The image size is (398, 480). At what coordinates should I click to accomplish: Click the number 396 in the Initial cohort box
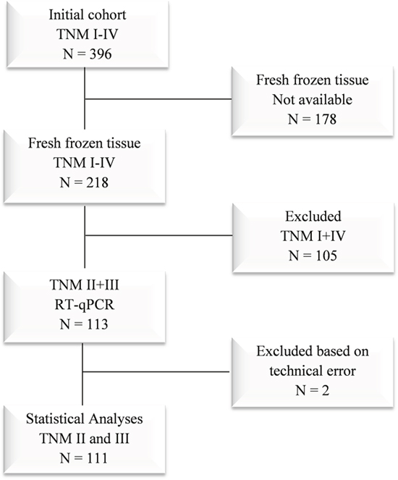tap(101, 54)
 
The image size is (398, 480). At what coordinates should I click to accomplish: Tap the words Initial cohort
tap(88, 14)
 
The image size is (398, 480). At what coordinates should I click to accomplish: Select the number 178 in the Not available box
tap(325, 119)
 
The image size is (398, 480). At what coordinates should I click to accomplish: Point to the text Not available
tap(313, 99)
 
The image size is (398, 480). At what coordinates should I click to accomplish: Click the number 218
tap(97, 182)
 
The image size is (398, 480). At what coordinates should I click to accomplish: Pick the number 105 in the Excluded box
tap(326, 256)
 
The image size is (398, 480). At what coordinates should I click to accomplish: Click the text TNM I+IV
tap(313, 236)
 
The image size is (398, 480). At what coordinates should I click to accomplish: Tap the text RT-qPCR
tap(85, 305)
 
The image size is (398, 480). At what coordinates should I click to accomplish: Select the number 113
tap(97, 324)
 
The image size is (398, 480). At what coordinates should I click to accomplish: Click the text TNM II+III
tap(84, 285)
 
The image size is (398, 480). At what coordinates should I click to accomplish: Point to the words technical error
tap(313, 371)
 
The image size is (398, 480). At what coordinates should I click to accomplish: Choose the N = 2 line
tap(313, 390)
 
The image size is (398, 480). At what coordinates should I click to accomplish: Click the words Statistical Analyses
tap(85, 418)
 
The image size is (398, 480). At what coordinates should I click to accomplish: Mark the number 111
tap(97, 458)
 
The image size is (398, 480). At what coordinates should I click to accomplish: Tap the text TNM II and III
tap(84, 438)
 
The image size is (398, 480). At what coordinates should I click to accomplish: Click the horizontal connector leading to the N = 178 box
tap(158, 99)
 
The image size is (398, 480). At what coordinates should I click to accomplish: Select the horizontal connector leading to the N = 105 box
tap(158, 235)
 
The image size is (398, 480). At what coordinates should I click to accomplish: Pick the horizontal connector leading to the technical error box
tap(156, 372)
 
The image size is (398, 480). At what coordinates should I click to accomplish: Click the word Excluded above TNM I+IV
tap(313, 216)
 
